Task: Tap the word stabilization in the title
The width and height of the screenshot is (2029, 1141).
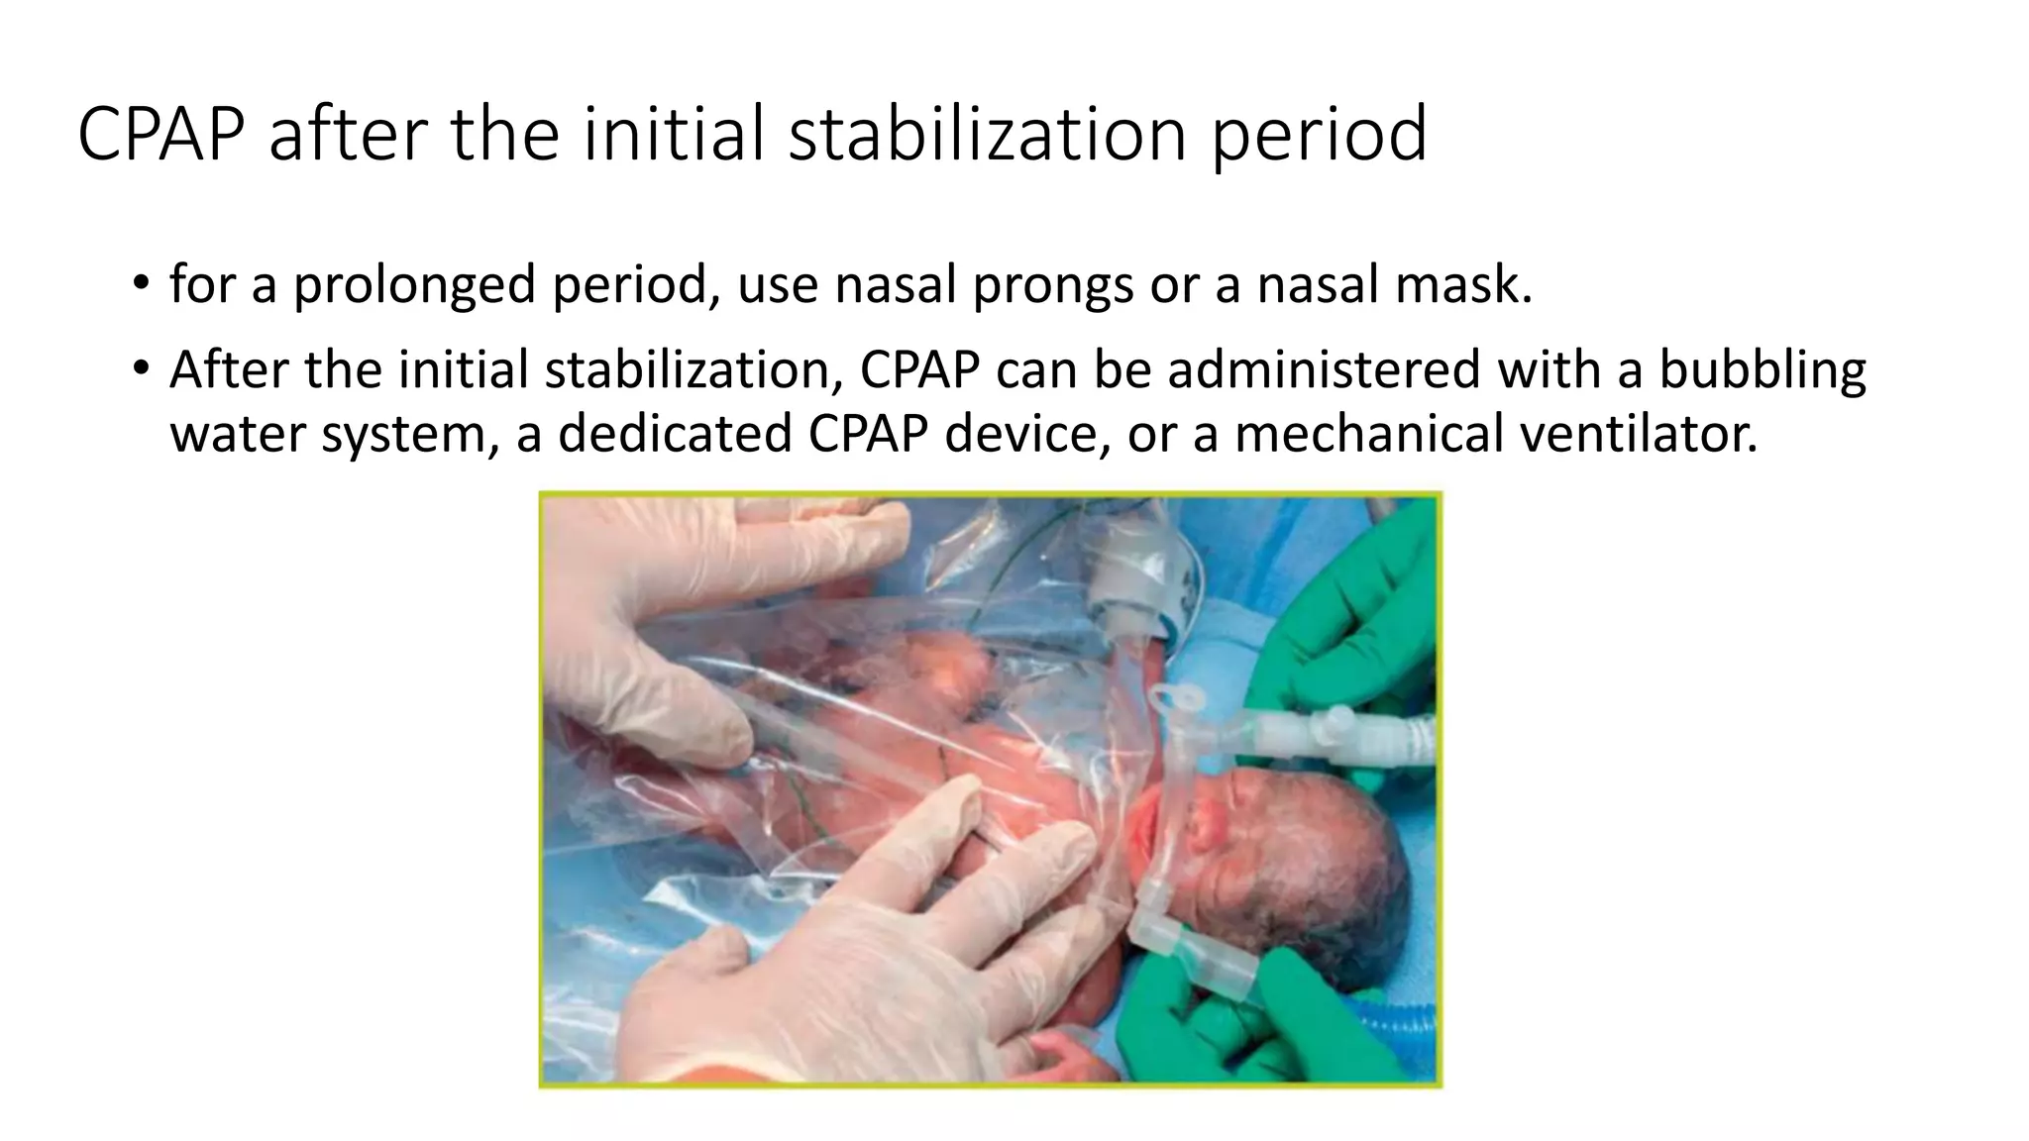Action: [987, 134]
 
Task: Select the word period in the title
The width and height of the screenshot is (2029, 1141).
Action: [1319, 134]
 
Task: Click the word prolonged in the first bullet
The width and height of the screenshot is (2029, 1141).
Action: [414, 285]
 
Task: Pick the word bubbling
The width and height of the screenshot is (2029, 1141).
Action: [1762, 369]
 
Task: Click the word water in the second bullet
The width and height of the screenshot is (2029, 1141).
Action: [238, 434]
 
